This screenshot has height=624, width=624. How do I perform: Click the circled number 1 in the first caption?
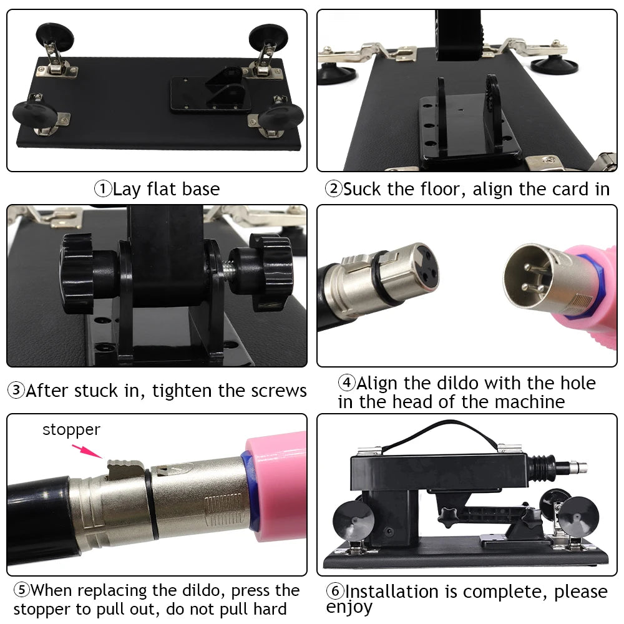[103, 188]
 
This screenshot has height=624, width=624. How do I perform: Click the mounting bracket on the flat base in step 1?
[211, 92]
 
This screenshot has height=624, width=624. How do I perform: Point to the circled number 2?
[334, 189]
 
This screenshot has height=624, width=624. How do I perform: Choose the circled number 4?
[346, 383]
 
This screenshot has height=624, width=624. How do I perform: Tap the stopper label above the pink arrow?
[71, 430]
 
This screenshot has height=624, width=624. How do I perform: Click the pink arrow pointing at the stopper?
[87, 451]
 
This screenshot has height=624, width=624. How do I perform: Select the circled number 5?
[21, 590]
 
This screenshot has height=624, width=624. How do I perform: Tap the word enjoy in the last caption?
[349, 607]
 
